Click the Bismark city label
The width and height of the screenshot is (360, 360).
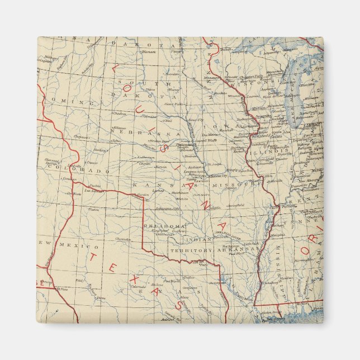pos(147,51)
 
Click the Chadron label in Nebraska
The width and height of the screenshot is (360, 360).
pos(119,113)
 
